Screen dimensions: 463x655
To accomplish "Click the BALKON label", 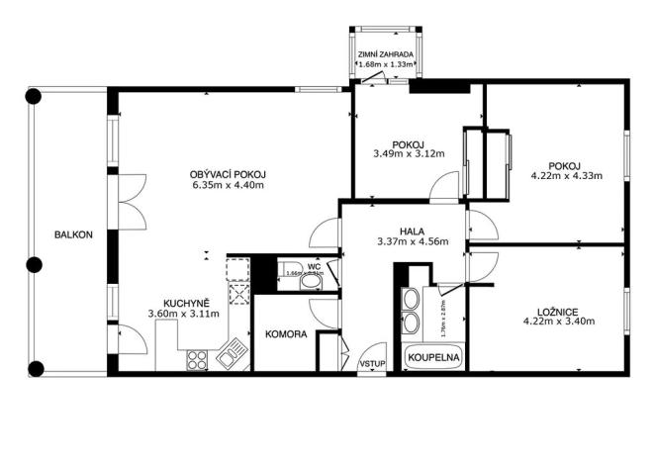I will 74,234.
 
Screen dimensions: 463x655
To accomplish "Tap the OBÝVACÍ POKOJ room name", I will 230,174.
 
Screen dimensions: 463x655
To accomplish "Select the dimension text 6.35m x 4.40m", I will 230,185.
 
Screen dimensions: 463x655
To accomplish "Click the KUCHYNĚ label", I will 186,304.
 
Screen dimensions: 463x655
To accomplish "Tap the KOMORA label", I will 286,334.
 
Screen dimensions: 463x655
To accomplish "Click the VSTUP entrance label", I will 373,364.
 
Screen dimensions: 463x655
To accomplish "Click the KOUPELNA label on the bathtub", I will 427,355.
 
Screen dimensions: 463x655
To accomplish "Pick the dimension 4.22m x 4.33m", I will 567,177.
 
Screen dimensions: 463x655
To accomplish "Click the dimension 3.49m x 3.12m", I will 409,154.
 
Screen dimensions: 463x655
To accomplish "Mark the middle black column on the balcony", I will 34,264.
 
